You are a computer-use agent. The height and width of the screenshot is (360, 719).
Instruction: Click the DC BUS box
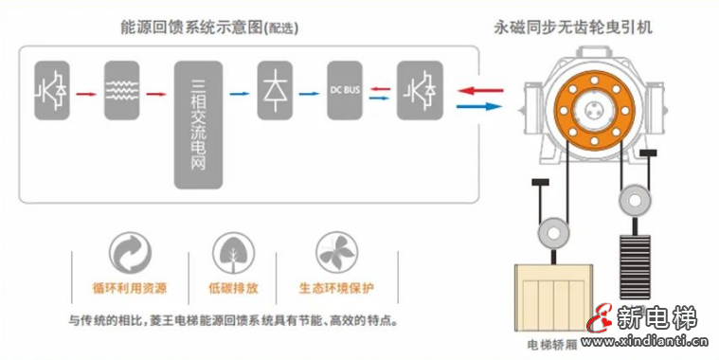click(344, 90)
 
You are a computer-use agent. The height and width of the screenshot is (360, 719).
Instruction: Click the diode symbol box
click(276, 90)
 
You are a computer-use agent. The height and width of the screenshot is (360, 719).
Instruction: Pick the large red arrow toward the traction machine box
click(480, 88)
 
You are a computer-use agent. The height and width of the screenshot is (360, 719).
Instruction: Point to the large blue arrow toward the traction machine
click(480, 105)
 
